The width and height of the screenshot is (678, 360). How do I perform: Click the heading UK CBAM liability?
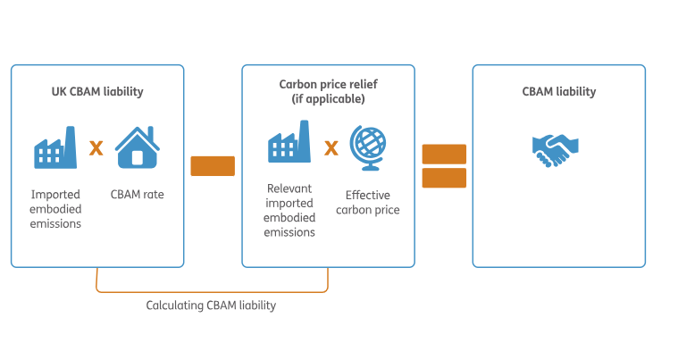[97, 92]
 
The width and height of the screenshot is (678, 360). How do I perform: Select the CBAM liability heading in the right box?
[558, 92]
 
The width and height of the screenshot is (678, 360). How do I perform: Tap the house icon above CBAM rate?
[138, 147]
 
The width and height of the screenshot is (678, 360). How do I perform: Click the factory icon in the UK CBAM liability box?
[55, 147]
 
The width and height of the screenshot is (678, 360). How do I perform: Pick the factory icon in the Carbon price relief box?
[289, 141]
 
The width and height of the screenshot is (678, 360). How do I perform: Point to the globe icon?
[368, 147]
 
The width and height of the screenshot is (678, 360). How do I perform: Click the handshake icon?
[556, 150]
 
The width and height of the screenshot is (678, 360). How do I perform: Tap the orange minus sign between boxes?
[213, 166]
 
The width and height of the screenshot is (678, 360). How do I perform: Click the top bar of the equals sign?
[444, 155]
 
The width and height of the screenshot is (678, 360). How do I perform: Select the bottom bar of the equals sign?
[444, 178]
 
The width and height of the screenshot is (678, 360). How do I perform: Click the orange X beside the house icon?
[96, 148]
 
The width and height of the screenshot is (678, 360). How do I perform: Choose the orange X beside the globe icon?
[331, 148]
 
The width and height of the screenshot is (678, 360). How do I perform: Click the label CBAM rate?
[137, 195]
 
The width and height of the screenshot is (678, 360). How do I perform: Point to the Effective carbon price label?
[367, 202]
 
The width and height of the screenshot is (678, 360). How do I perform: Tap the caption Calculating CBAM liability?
[211, 306]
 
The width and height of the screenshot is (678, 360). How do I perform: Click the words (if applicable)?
[328, 99]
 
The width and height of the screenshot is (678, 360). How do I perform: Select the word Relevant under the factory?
[289, 188]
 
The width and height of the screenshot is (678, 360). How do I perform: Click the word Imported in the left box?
[55, 195]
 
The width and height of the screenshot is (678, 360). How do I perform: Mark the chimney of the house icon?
[150, 133]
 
